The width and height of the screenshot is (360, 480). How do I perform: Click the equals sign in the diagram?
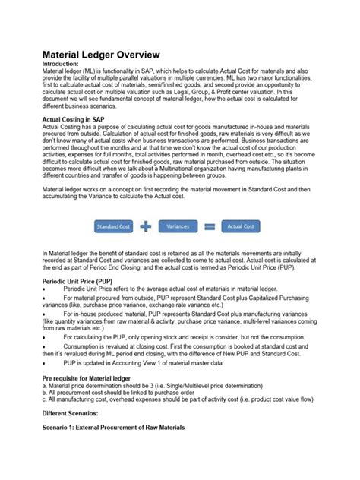pyautogui.click(x=209, y=226)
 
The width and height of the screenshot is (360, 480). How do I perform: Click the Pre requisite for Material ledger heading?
pyautogui.click(x=93, y=377)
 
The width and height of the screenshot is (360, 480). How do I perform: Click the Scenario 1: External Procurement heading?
pyautogui.click(x=113, y=428)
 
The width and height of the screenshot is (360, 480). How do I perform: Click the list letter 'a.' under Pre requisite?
pyautogui.click(x=44, y=385)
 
